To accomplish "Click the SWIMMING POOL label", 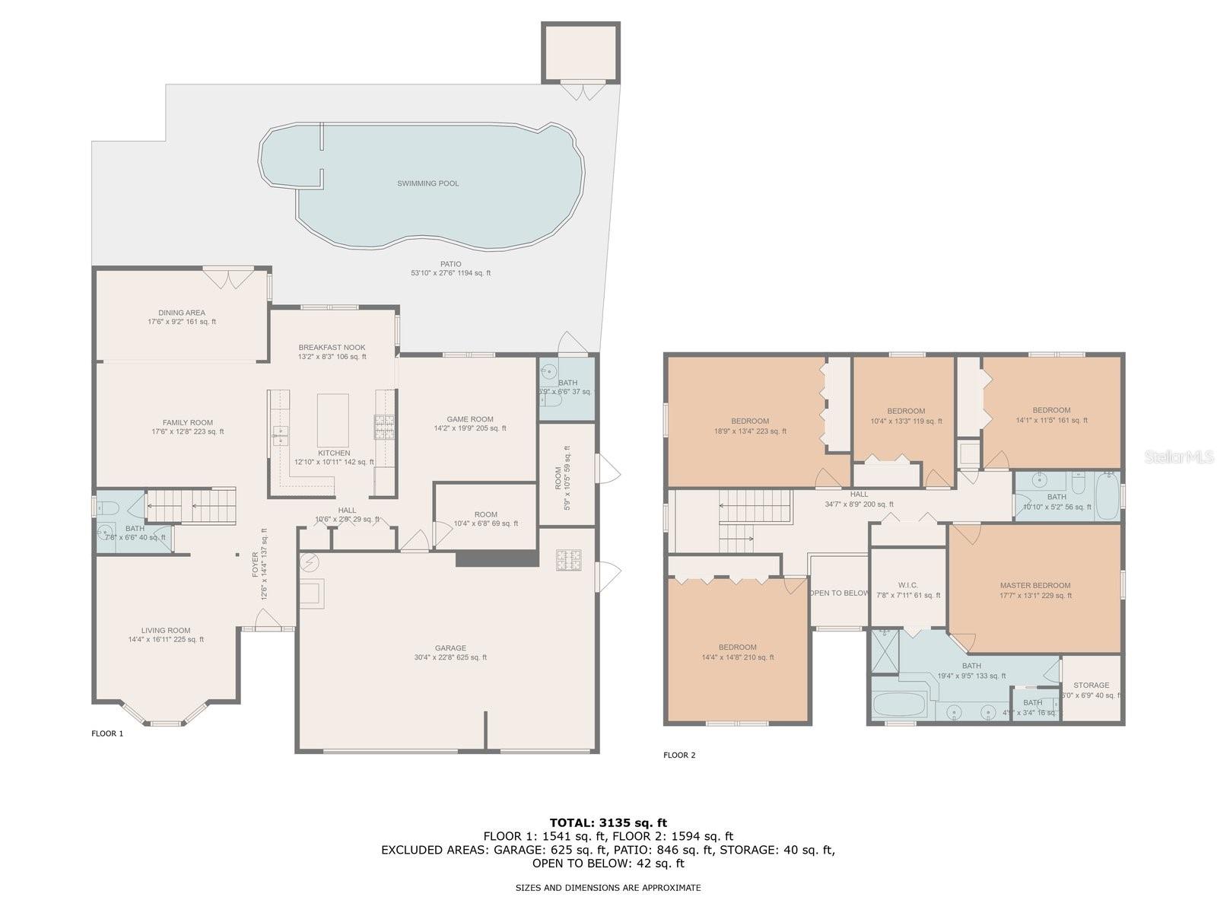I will [427, 183].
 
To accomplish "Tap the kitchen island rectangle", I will [332, 420].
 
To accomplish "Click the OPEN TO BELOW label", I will [839, 593].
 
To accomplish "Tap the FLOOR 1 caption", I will [106, 733].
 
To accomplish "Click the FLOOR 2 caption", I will [679, 755].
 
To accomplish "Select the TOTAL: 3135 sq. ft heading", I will [608, 822].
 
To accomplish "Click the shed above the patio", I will [580, 52].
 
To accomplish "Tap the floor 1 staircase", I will [191, 506].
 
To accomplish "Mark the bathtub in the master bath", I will [898, 705].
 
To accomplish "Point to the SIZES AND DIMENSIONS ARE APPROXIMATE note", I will [608, 887].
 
